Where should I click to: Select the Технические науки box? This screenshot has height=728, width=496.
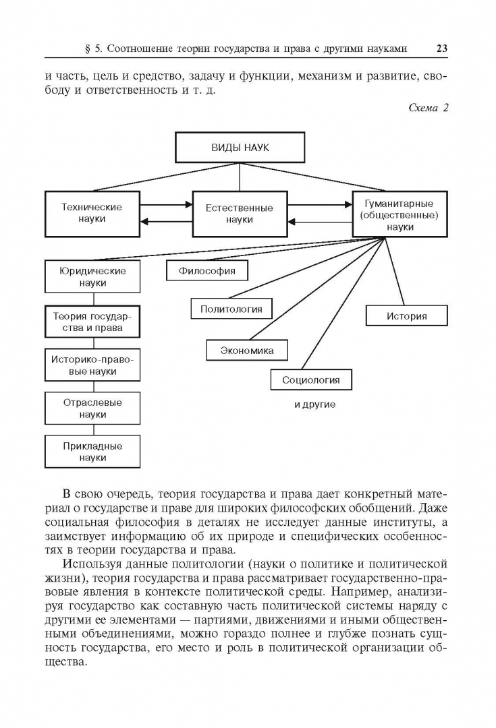92,213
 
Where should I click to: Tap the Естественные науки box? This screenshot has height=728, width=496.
240,214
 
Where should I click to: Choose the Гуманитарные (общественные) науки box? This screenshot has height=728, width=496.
400,214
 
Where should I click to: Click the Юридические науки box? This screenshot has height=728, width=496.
92,277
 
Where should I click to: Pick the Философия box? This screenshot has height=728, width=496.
207,271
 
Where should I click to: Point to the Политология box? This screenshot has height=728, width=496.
231,309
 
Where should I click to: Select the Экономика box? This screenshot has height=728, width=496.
246,351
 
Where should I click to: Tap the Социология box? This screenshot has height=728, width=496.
311,380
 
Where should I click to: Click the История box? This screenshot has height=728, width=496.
406,315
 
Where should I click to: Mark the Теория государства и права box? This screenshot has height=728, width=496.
92,322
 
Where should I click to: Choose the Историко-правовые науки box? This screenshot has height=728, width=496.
92,365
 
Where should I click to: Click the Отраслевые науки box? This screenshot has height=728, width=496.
92,408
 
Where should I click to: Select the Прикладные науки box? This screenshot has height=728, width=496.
92,452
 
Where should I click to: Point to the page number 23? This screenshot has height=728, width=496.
443,48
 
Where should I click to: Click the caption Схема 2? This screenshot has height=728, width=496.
429,108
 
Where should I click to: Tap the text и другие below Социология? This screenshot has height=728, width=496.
314,405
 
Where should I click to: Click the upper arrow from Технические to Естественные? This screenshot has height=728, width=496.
167,204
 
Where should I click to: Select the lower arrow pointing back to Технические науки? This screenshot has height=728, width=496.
167,222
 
